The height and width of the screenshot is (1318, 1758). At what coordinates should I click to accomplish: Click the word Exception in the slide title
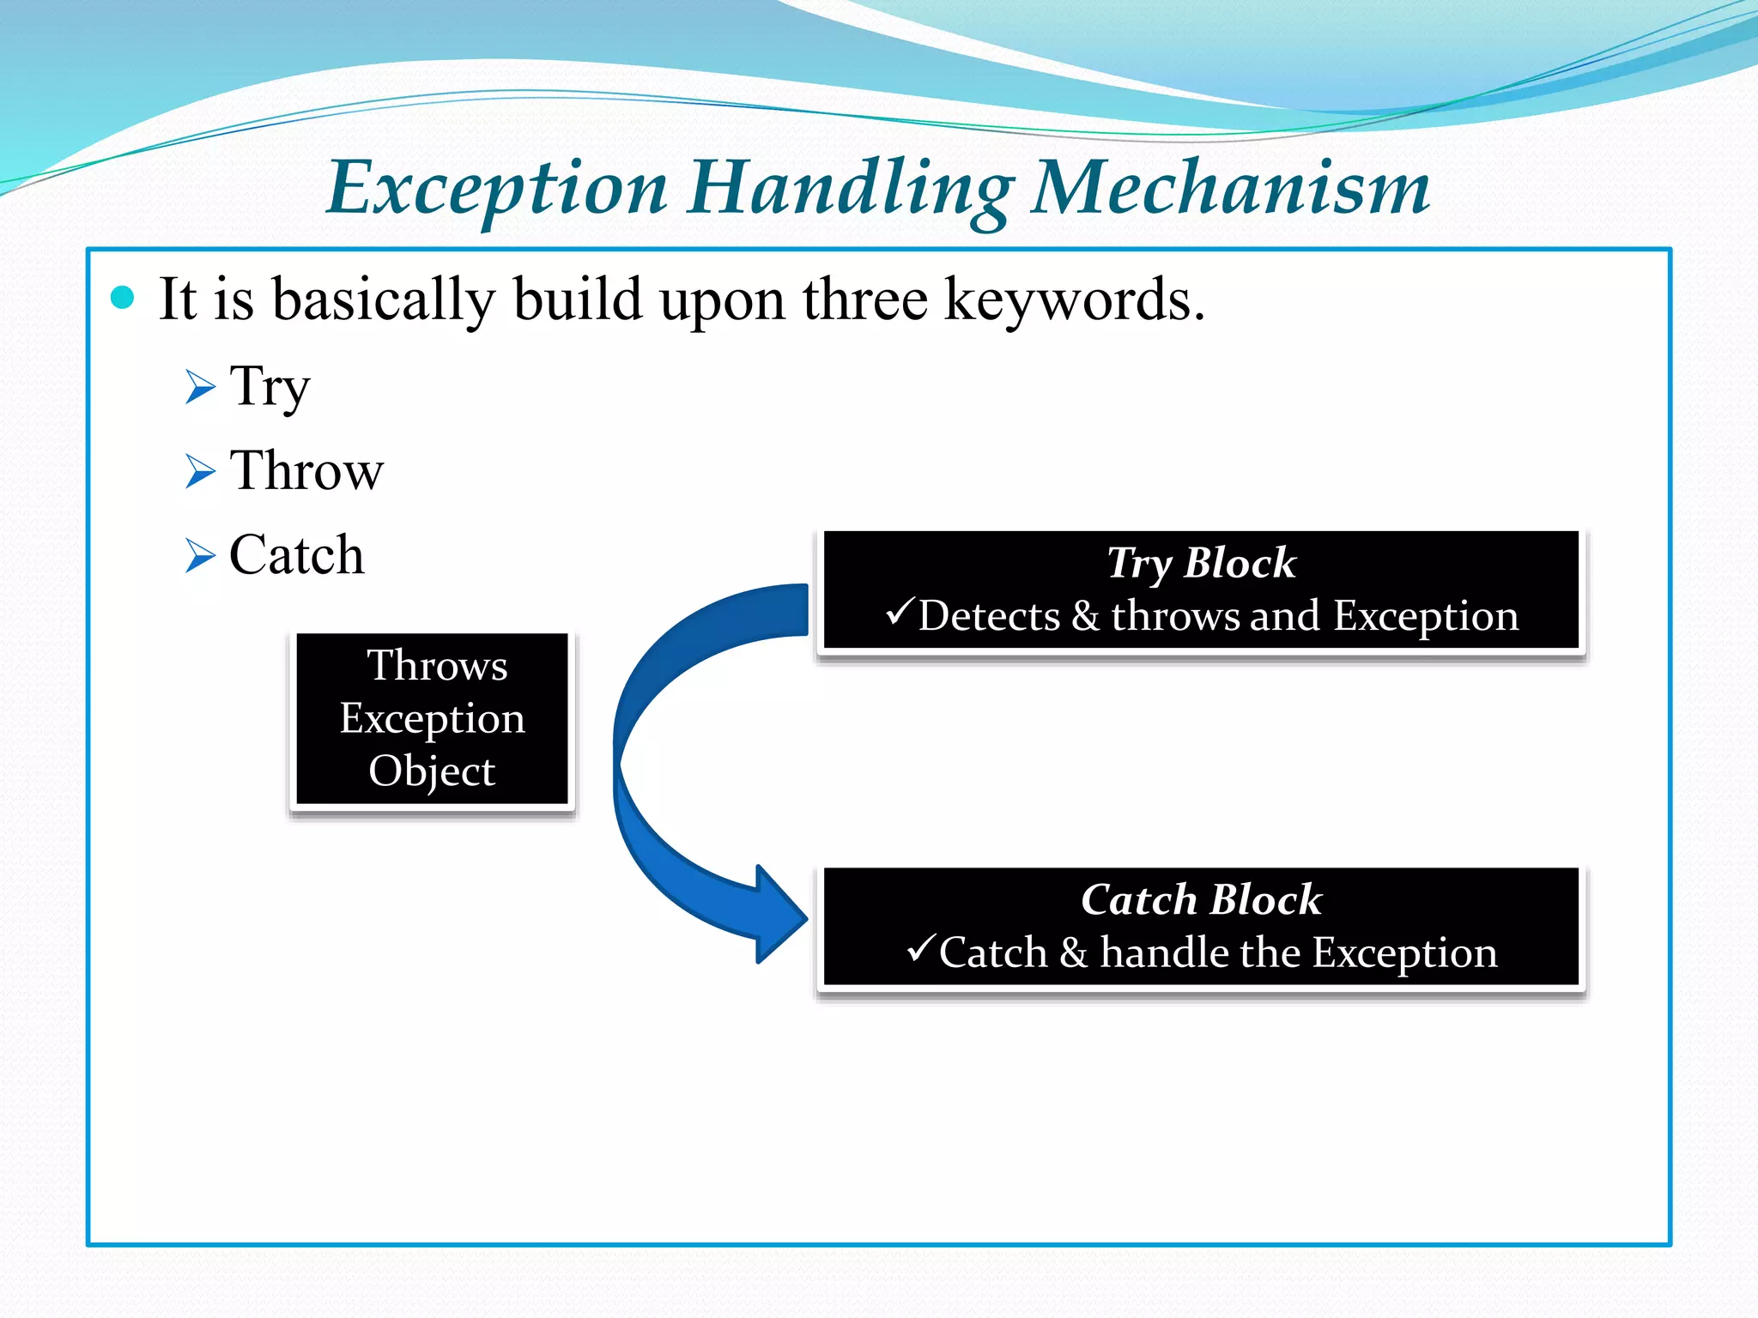click(497, 189)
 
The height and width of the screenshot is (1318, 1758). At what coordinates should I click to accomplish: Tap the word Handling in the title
click(850, 189)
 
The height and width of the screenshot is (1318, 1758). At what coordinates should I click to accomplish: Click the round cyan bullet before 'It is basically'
click(124, 298)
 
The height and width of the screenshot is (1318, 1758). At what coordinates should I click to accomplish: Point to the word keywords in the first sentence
click(1074, 300)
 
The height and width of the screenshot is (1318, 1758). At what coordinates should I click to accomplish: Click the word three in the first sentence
click(864, 300)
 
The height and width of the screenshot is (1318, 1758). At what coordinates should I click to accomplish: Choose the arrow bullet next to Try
click(200, 388)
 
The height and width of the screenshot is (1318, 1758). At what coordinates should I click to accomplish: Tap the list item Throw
click(306, 471)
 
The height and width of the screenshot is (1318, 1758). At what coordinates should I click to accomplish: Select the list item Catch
click(296, 555)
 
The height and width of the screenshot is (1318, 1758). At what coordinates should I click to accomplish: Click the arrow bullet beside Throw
click(200, 472)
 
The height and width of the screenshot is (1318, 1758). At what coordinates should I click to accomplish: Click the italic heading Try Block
click(1200, 564)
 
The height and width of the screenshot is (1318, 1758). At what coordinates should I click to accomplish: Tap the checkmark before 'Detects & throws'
click(900, 612)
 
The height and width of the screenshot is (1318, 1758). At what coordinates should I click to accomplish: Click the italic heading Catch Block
click(1200, 900)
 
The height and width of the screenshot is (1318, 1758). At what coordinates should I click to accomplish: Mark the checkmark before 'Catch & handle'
click(920, 948)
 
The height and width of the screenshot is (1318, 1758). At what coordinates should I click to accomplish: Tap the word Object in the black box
click(432, 771)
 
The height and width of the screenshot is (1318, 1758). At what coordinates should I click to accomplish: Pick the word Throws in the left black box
click(437, 665)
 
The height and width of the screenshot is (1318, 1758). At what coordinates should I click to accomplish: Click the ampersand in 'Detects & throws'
click(1086, 616)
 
